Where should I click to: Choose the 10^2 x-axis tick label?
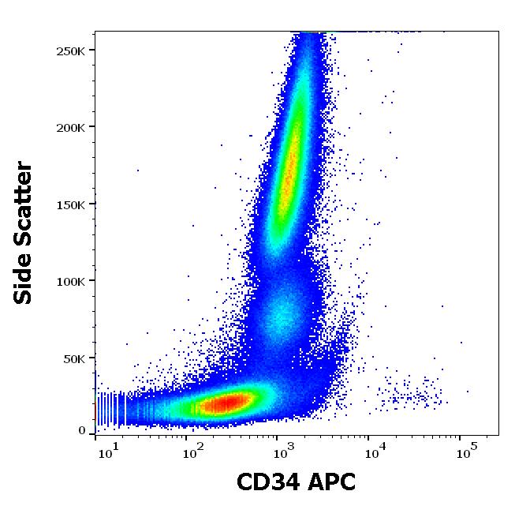[194, 452]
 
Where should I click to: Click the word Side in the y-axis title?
[24, 277]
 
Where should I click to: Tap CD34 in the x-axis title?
[270, 482]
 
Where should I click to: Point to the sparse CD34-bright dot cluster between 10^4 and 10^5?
[410, 395]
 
